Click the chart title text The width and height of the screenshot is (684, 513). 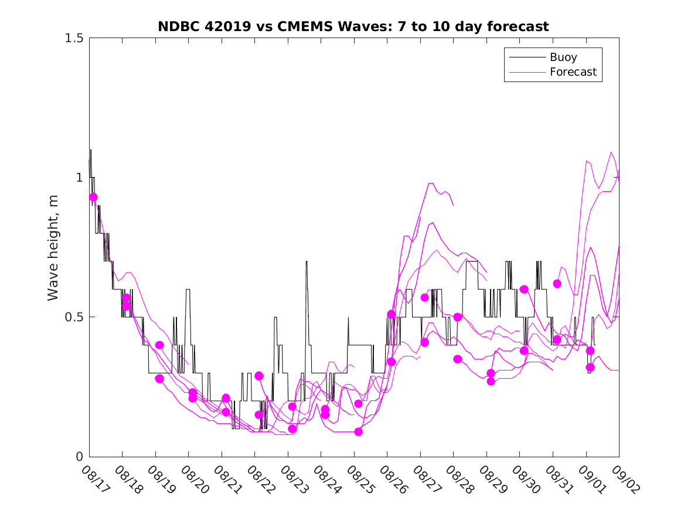[353, 26]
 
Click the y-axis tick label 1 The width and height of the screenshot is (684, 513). [79, 178]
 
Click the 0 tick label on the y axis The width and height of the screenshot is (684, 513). [79, 457]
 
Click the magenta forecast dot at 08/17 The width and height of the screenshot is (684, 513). [93, 197]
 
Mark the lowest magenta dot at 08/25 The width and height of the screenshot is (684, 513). [358, 432]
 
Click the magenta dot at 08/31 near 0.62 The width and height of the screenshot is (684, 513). [557, 284]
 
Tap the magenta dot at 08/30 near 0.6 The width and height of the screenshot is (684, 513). [524, 289]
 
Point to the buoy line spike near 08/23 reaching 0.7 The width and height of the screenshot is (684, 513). [307, 262]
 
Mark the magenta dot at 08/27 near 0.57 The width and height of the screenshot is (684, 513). [424, 297]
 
